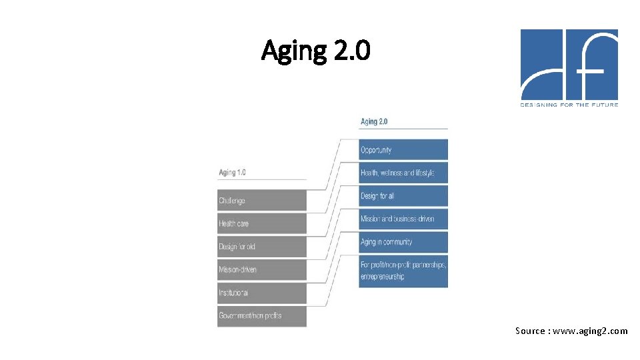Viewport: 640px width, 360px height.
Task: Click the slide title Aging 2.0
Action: coord(315,50)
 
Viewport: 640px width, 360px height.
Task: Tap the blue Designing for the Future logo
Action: coord(569,65)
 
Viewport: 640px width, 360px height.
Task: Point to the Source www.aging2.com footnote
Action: coord(571,331)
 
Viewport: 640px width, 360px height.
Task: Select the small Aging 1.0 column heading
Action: coord(232,173)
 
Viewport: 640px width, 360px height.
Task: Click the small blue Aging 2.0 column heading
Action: coord(374,122)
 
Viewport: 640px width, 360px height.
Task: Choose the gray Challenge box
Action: coord(262,201)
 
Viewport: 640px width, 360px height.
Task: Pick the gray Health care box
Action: coord(262,224)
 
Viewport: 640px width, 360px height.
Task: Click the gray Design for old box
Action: coord(262,247)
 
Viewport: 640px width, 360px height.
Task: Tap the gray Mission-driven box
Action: coord(262,270)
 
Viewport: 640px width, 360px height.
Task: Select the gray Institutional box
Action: coord(262,293)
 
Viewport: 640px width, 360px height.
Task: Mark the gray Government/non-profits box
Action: coord(262,316)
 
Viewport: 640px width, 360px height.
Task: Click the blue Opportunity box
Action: coord(403,150)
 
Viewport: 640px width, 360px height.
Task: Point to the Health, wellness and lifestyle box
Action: coord(403,173)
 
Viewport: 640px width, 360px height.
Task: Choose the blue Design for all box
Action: coord(403,196)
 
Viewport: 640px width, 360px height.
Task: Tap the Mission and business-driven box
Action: coord(403,219)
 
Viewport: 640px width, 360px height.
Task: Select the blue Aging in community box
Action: coord(403,242)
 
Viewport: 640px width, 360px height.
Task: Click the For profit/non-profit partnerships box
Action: coord(403,265)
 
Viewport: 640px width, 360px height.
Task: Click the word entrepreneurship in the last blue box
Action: coord(382,277)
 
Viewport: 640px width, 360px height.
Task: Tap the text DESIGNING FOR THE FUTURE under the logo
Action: coord(569,105)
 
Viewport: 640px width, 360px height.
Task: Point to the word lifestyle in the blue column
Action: coord(422,173)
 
